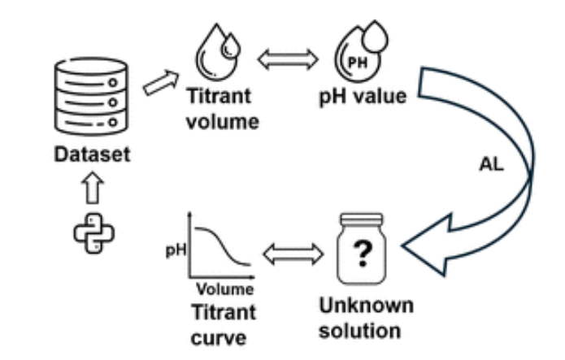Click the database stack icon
coord(91,97)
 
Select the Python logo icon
coord(92,232)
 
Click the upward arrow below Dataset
coord(91,189)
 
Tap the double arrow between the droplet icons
coord(284,58)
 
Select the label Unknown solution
coord(365,319)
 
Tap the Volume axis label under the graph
coord(224,288)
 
